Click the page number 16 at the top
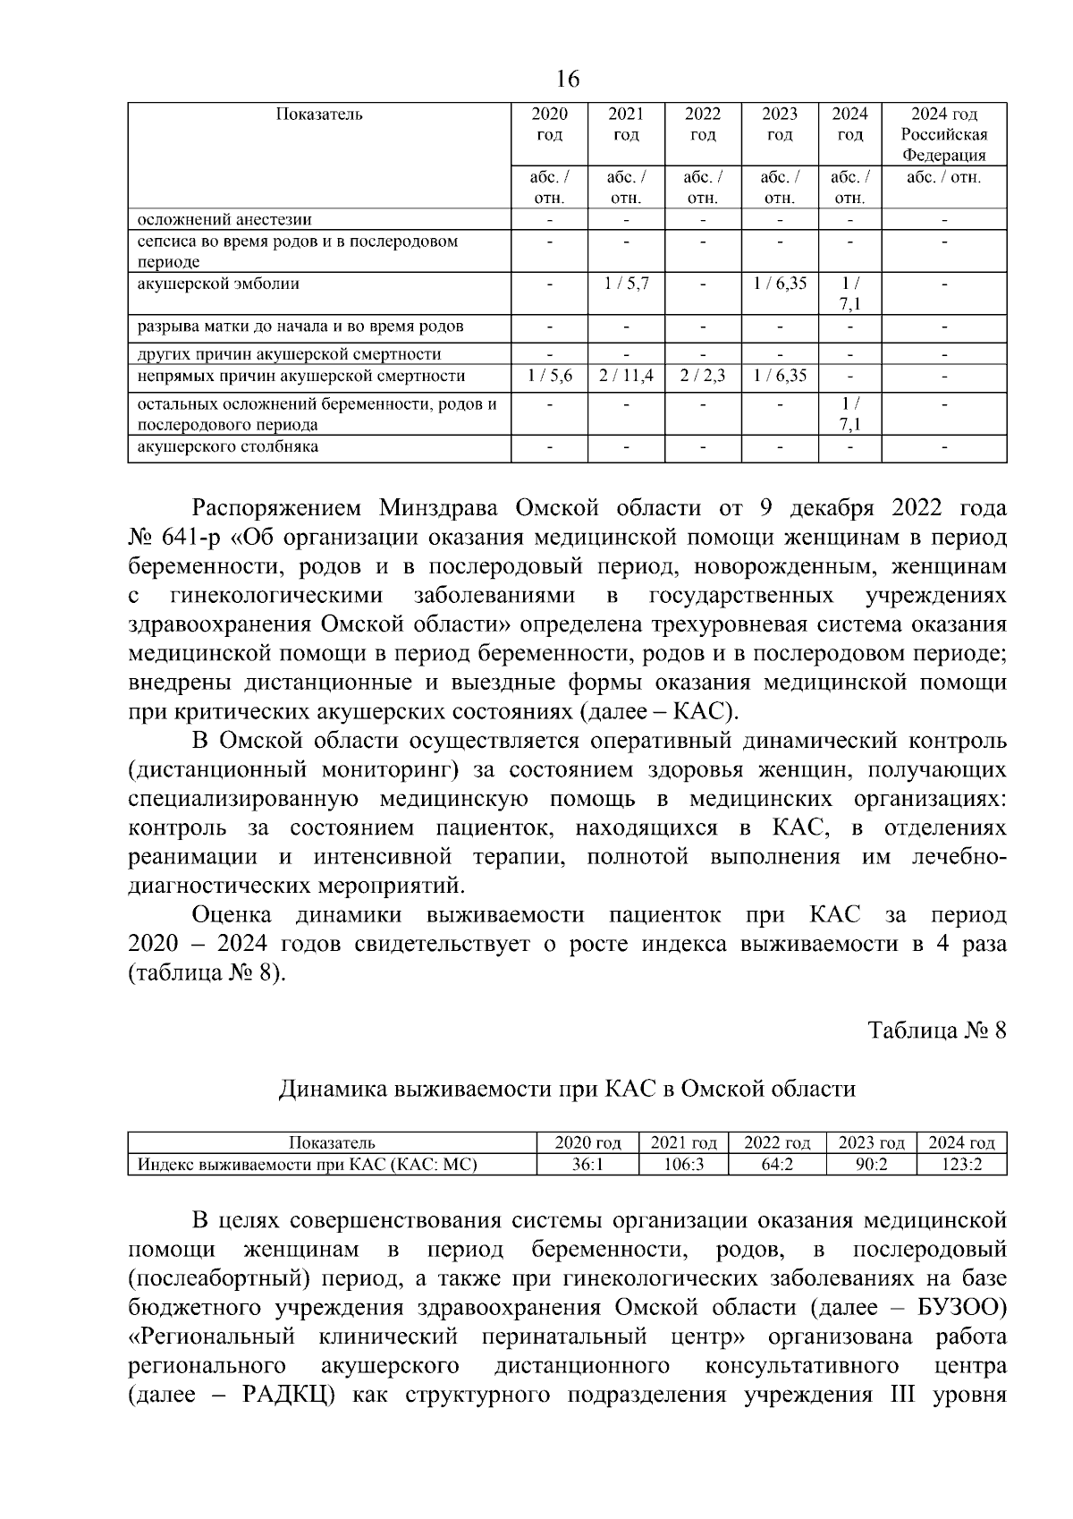point(568,80)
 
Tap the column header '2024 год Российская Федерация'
point(943,134)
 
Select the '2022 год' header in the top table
point(703,124)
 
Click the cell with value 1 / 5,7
point(626,284)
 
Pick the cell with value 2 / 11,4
point(626,377)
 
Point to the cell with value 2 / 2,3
point(703,377)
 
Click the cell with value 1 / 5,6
point(549,377)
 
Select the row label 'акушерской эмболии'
point(218,284)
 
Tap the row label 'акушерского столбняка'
point(227,446)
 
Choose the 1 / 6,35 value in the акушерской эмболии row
point(780,284)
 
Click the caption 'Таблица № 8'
point(937,1031)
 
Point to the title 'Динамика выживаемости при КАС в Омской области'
point(567,1089)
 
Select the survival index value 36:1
point(587,1165)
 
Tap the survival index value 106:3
point(683,1165)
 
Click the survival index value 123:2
point(961,1165)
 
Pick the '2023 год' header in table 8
point(871,1142)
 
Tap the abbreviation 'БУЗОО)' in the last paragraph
point(961,1307)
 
